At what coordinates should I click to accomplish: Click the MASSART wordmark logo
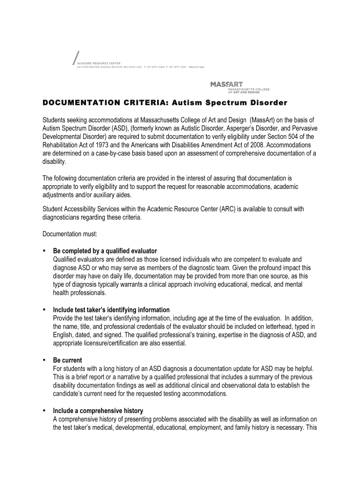(x=226, y=85)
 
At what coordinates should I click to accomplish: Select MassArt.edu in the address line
(x=196, y=67)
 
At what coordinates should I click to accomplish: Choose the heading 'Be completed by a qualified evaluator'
(x=105, y=251)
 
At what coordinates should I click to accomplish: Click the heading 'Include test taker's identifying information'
(x=111, y=310)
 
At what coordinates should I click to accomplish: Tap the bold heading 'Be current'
(x=67, y=360)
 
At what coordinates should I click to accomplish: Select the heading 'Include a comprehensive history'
(x=98, y=411)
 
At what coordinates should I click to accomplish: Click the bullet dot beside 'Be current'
(x=44, y=360)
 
